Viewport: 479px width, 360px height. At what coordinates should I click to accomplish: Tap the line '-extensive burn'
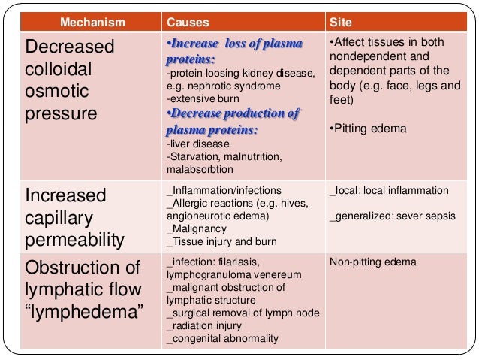197,99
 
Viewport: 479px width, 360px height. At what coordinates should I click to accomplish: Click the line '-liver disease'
191,145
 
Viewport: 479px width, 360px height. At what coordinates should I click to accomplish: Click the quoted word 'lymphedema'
84,310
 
